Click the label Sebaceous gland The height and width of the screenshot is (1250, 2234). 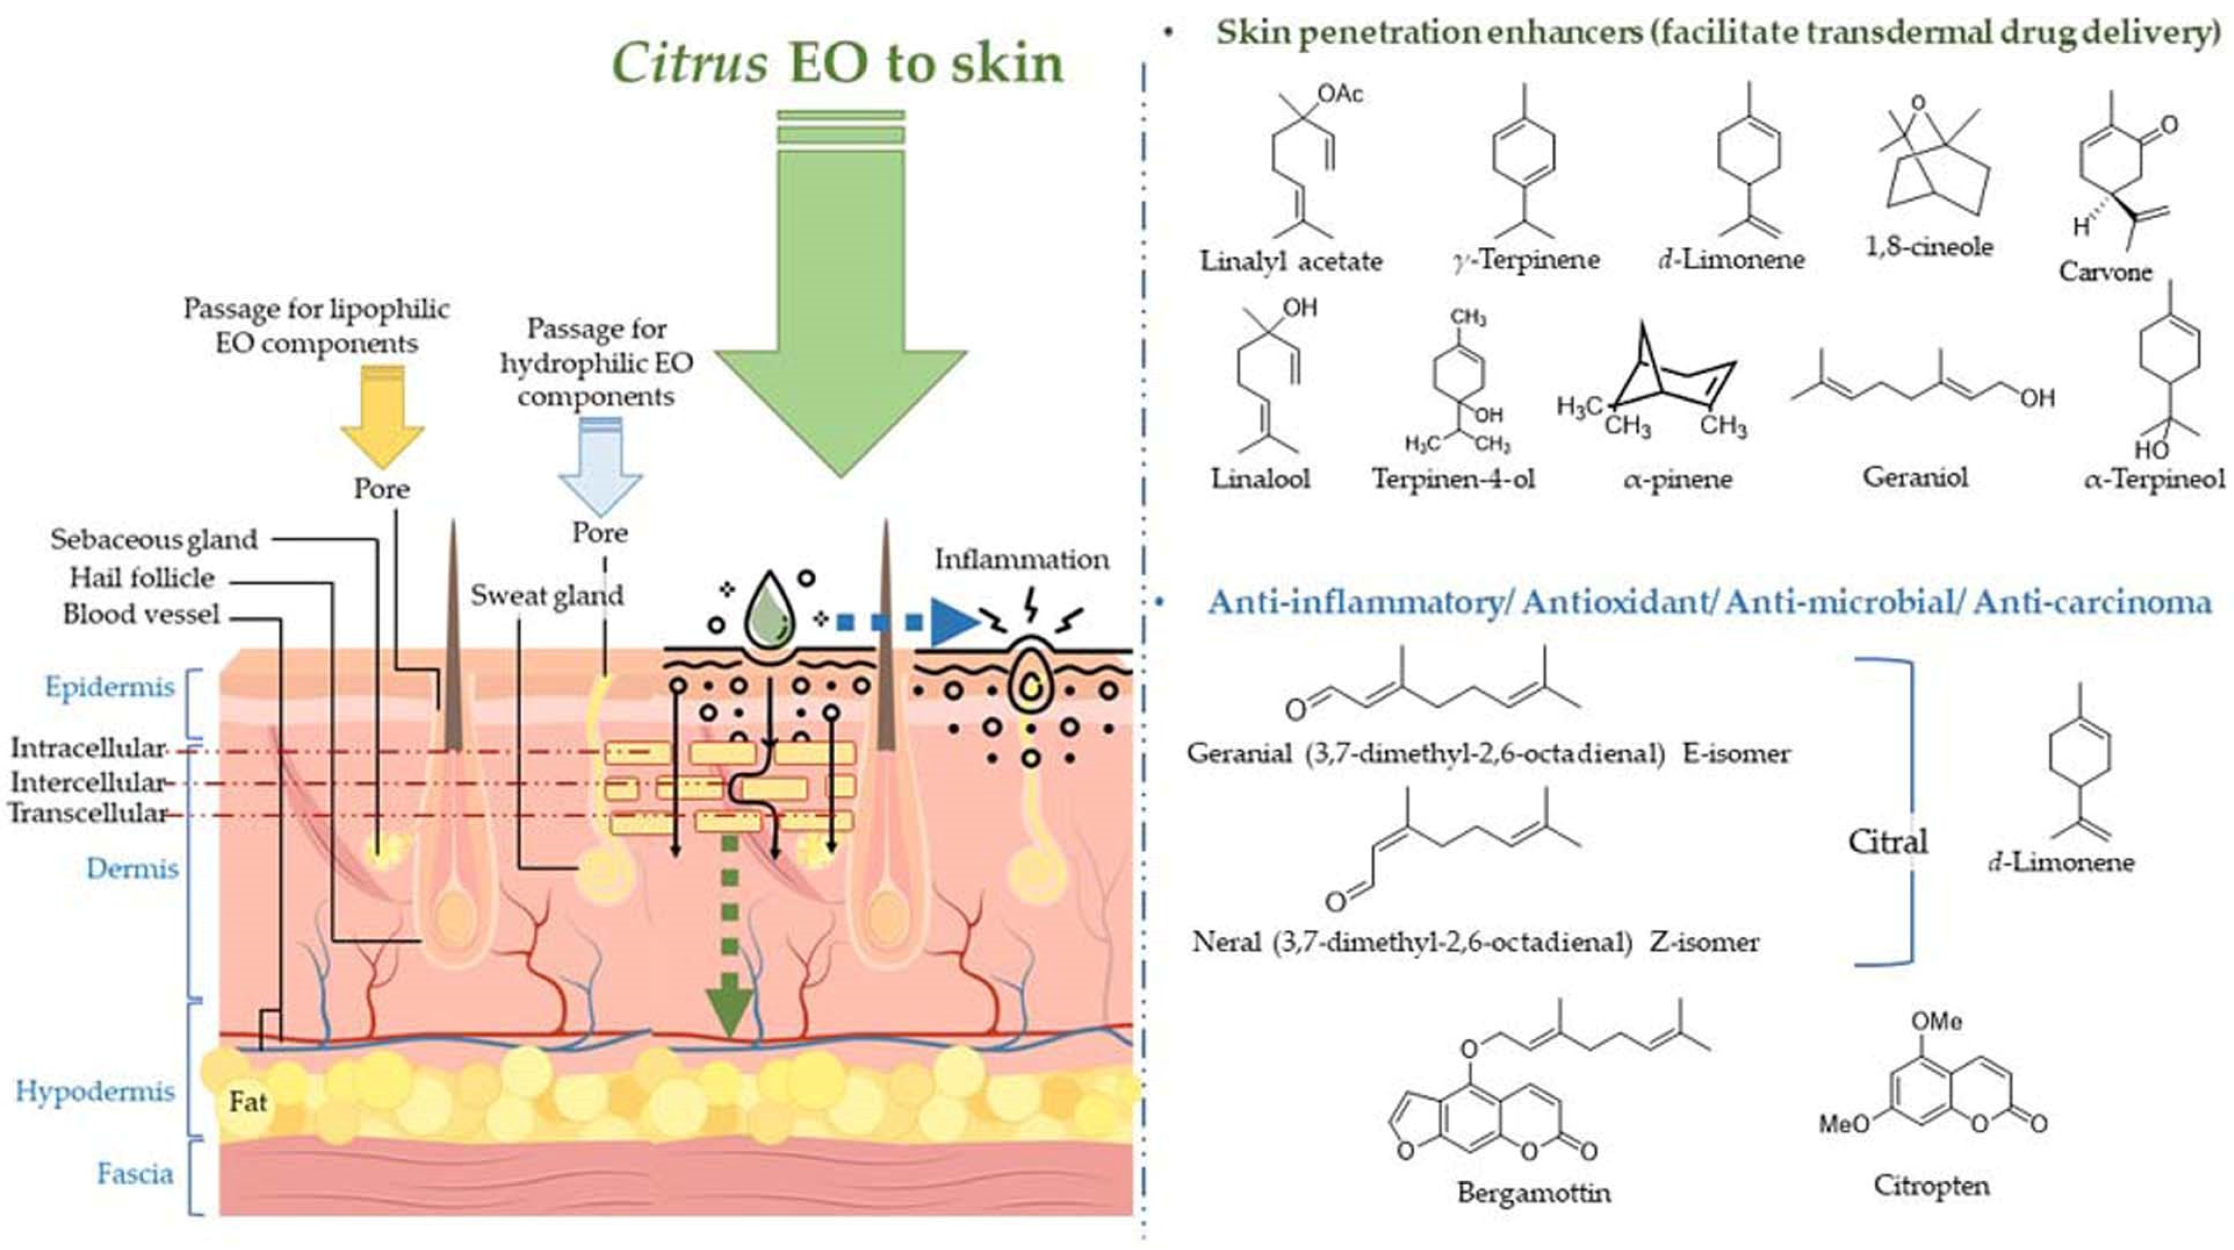(x=154, y=539)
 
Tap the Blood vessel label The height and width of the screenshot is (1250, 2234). (x=141, y=615)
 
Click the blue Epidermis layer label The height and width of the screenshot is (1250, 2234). (x=110, y=687)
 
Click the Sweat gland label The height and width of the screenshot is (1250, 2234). (x=546, y=596)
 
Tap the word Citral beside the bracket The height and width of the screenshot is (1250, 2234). (x=1887, y=841)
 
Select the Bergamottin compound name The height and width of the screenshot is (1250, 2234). (x=1534, y=1193)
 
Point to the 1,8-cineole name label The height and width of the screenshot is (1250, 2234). (x=1929, y=246)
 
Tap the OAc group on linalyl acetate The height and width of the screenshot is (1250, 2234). (x=1340, y=93)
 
